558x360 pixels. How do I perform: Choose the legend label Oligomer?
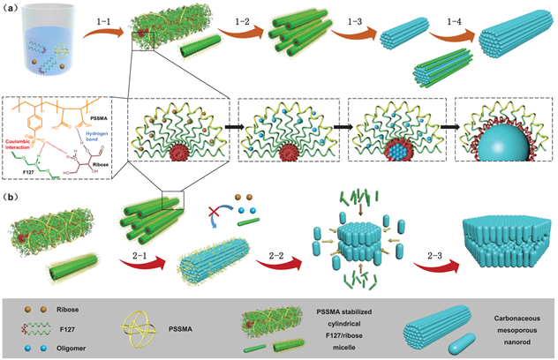coord(72,348)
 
